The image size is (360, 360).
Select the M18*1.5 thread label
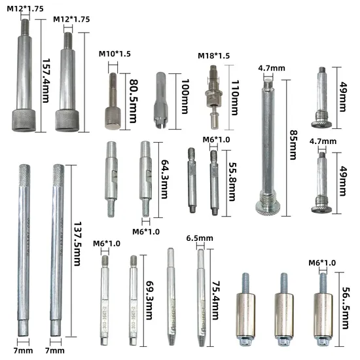(x=213, y=56)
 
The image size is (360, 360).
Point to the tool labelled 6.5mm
(x=202, y=295)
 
